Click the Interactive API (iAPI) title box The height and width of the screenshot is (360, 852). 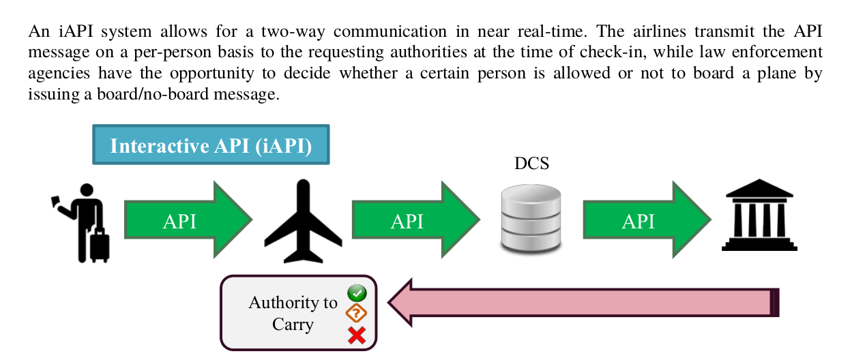pyautogui.click(x=211, y=145)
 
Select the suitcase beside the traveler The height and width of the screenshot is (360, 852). pyautogui.click(x=100, y=245)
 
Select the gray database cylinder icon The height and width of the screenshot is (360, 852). pyautogui.click(x=531, y=220)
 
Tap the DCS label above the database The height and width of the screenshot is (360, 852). pyautogui.click(x=531, y=164)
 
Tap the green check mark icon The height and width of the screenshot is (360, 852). pyautogui.click(x=357, y=293)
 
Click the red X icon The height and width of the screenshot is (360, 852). pyautogui.click(x=357, y=335)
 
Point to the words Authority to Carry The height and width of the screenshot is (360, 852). pyautogui.click(x=293, y=313)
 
